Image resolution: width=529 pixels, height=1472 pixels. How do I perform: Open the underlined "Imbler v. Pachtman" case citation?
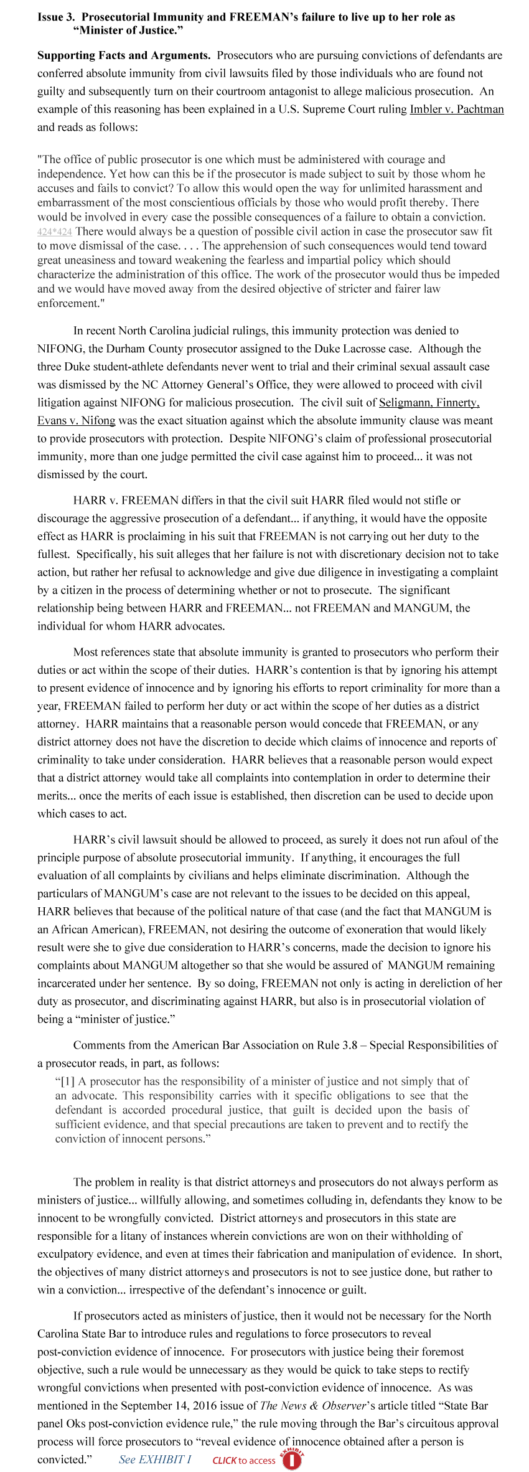(456, 110)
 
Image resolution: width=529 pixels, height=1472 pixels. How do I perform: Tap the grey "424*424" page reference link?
(55, 232)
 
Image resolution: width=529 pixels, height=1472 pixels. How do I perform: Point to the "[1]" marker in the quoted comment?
(67, 1082)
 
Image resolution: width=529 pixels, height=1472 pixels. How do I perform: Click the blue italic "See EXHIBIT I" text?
(155, 1460)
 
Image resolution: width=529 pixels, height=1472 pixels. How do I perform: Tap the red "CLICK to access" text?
(243, 1461)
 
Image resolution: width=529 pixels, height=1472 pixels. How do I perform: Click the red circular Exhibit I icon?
(291, 1459)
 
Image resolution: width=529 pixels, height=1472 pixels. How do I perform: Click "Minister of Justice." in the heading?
(128, 30)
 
